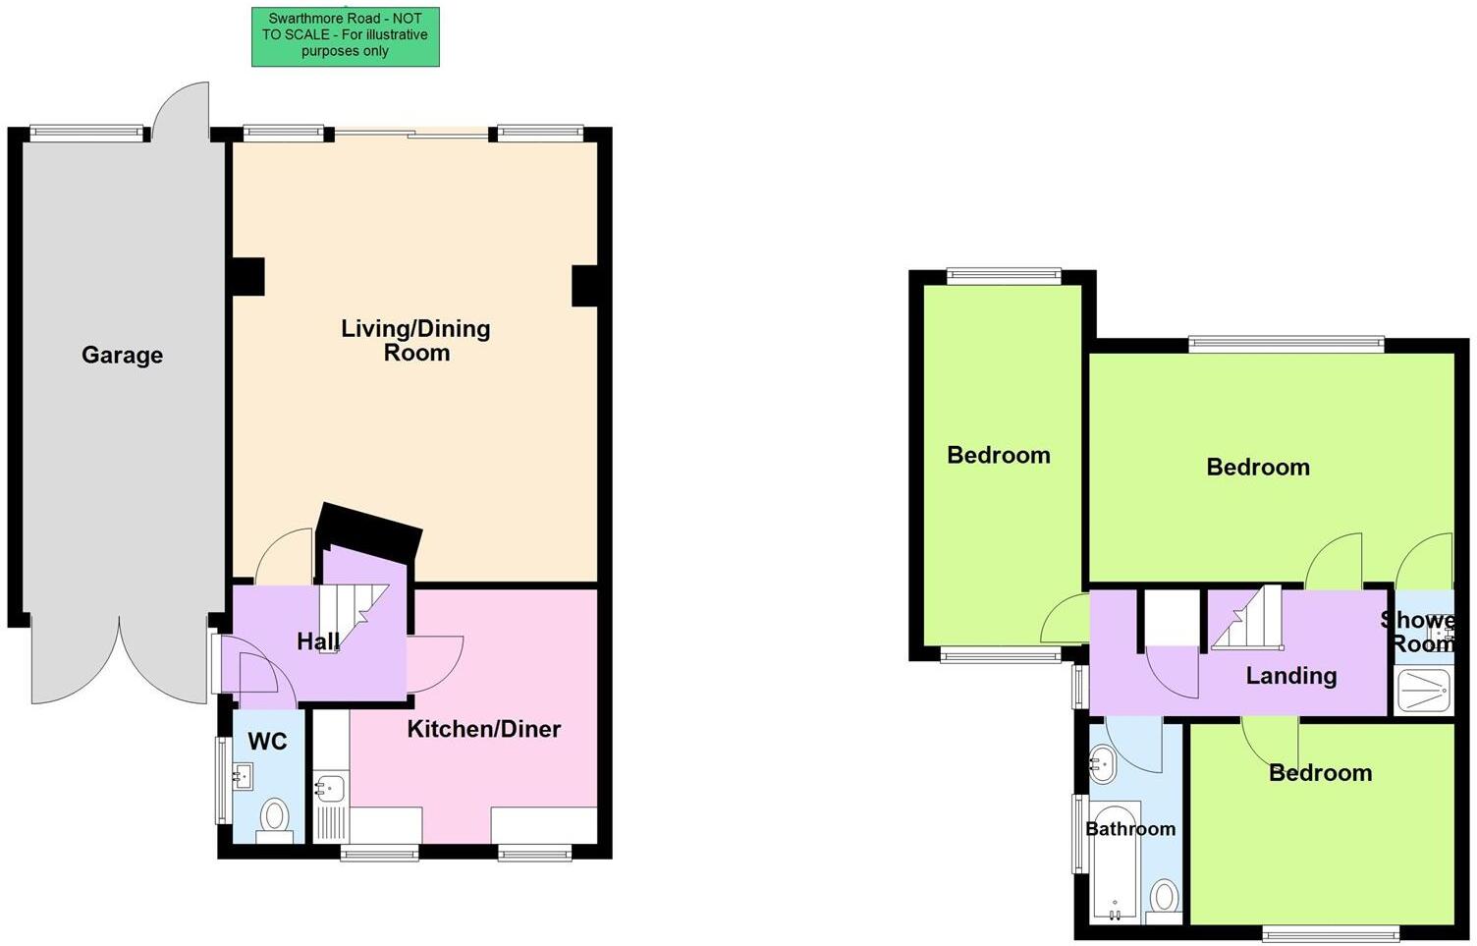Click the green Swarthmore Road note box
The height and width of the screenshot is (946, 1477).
pos(345,36)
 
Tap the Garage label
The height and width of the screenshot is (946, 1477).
pos(122,355)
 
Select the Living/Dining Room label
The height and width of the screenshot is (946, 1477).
pos(415,340)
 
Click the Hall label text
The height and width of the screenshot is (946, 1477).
pos(318,642)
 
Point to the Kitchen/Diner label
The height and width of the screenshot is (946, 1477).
pos(483,729)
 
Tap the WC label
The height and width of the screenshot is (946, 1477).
pos(267,741)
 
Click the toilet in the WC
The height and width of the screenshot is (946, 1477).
pos(274,817)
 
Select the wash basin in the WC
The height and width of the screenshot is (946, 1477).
pos(241,777)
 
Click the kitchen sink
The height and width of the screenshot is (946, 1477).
pos(330,787)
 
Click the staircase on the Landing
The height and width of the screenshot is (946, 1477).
pos(1249,619)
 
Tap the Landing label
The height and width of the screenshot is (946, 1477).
pos(1290,676)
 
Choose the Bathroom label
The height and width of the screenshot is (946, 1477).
pos(1129,829)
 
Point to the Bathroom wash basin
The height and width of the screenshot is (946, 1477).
pos(1103,763)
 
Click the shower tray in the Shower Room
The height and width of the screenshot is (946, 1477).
pos(1423,690)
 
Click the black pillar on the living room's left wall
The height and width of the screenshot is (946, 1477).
pos(247,276)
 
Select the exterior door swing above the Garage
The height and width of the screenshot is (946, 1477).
pos(184,110)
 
